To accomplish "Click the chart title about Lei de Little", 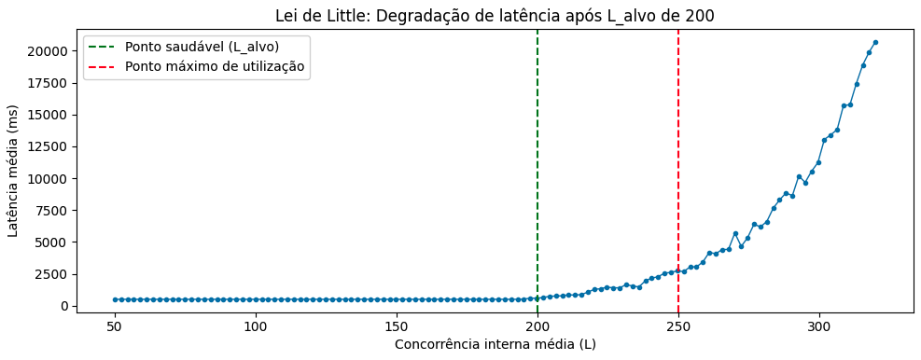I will pos(495,16).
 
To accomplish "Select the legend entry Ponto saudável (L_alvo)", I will pos(202,47).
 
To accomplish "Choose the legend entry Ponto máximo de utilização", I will pos(215,67).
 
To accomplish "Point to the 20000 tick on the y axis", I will pos(49,51).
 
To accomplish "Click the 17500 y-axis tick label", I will pos(49,83).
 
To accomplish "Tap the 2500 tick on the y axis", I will pos(53,274).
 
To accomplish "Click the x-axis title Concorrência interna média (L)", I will pos(495,344).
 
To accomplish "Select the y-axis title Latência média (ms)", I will pos(14,171).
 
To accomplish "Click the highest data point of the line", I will pos(875,42).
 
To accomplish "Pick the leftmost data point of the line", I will pos(115,299).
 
